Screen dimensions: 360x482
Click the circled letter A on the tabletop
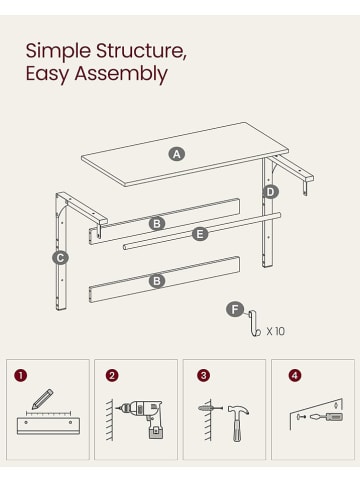(177, 154)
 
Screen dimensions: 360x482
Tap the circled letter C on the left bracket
(60, 258)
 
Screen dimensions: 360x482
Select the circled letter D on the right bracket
(270, 192)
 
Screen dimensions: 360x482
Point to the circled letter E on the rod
(200, 234)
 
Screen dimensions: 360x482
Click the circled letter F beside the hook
(235, 310)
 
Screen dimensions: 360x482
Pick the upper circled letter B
(157, 224)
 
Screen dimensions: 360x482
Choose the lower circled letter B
(157, 281)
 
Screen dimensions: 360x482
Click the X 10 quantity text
(276, 331)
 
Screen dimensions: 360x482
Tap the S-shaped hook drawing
(252, 323)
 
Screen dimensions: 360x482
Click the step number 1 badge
(21, 376)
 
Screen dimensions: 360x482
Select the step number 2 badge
(112, 376)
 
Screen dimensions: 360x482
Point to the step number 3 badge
(203, 376)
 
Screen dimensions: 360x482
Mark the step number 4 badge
(295, 376)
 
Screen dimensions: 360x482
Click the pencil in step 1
(42, 399)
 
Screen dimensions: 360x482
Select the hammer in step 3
(238, 423)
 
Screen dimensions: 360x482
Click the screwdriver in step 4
(326, 417)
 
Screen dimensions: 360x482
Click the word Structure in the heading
(141, 51)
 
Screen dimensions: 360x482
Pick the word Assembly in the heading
(121, 74)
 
